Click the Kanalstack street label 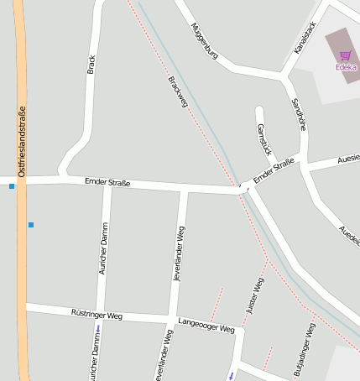pyautogui.click(x=305, y=38)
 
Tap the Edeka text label pyautogui.click(x=345, y=67)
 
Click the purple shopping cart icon pyautogui.click(x=345, y=55)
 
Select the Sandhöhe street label pyautogui.click(x=299, y=113)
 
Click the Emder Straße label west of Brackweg pyautogui.click(x=107, y=181)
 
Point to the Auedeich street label pyautogui.click(x=349, y=240)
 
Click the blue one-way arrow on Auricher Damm pyautogui.click(x=99, y=327)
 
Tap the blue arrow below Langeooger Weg pyautogui.click(x=232, y=375)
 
